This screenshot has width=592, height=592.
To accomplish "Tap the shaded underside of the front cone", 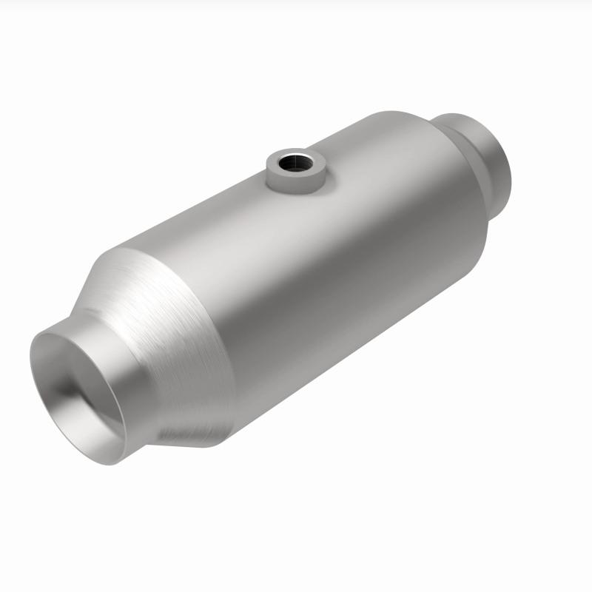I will [x=200, y=422].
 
